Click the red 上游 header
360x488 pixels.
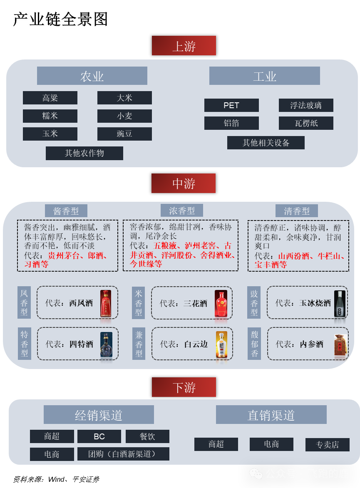184,46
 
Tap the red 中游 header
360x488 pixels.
184,183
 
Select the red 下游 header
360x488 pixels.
184,387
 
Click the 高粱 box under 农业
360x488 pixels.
50,98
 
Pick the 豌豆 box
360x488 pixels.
124,134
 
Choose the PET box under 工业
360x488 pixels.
231,105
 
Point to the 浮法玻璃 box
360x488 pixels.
306,105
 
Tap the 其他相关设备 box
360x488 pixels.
266,143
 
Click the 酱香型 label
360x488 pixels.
66,211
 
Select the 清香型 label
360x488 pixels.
296,211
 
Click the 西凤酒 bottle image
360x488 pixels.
106,303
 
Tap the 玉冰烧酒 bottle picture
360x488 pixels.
340,303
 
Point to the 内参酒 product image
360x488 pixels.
341,345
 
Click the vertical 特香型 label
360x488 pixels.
24,344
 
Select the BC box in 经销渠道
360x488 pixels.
99,436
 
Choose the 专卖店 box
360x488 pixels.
327,445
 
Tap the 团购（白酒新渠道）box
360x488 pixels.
123,454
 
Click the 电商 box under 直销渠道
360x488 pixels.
271,444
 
